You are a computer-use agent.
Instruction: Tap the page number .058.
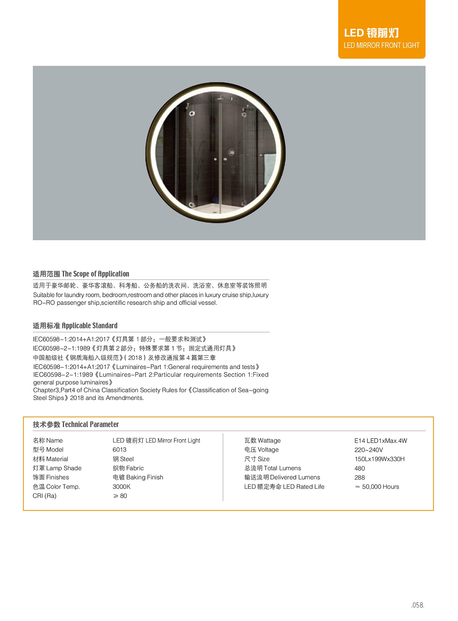pos(417,605)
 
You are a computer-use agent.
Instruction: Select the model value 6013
pos(119,450)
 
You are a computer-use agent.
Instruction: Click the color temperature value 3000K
pos(122,486)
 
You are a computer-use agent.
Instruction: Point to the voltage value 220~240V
pos(369,450)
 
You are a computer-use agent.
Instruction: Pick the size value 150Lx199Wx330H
pos(380,459)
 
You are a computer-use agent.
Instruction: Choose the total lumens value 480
pos(360,468)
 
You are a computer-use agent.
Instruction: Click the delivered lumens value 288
pos(360,478)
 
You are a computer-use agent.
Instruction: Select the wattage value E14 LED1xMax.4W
pos(381,441)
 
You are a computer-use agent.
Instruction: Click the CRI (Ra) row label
pos(45,496)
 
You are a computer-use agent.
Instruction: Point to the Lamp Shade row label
pos(57,468)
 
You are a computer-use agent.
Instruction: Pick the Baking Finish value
pos(138,477)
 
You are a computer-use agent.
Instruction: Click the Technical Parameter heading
pos(76,424)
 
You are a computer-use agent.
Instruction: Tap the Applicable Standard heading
pos(75,326)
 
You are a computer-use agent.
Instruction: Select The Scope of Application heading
pos(81,274)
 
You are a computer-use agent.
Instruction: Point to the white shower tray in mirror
pos(215,209)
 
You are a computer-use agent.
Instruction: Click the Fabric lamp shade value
pos(128,468)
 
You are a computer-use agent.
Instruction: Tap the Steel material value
pos(123,459)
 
